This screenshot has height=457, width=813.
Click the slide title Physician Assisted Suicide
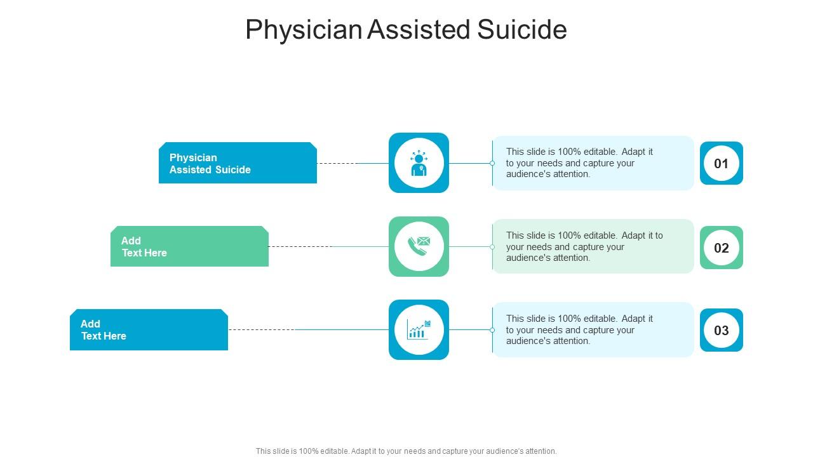coord(406,30)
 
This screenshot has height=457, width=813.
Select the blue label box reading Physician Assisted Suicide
coord(238,163)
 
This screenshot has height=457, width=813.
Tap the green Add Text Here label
coord(189,246)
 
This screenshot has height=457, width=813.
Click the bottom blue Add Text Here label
coord(149,329)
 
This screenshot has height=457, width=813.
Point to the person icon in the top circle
coord(419,163)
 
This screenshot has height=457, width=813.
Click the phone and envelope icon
coord(419,246)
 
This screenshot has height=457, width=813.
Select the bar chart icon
coord(419,329)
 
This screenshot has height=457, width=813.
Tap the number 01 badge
coord(721,163)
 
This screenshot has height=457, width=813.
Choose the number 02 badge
coord(721,248)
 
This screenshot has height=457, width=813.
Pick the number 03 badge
coord(721,330)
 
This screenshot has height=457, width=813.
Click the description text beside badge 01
coord(579,162)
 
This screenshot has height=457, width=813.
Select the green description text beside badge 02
coord(584,246)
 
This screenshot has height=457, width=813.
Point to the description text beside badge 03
coord(579,329)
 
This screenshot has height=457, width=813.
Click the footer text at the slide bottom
coord(406,451)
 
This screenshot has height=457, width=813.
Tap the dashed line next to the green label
coord(300,246)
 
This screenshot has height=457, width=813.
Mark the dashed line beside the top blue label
coord(337,163)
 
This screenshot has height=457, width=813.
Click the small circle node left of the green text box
coord(492,247)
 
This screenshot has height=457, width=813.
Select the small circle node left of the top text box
coord(492,163)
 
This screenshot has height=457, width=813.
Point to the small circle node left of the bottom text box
coord(492,330)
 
